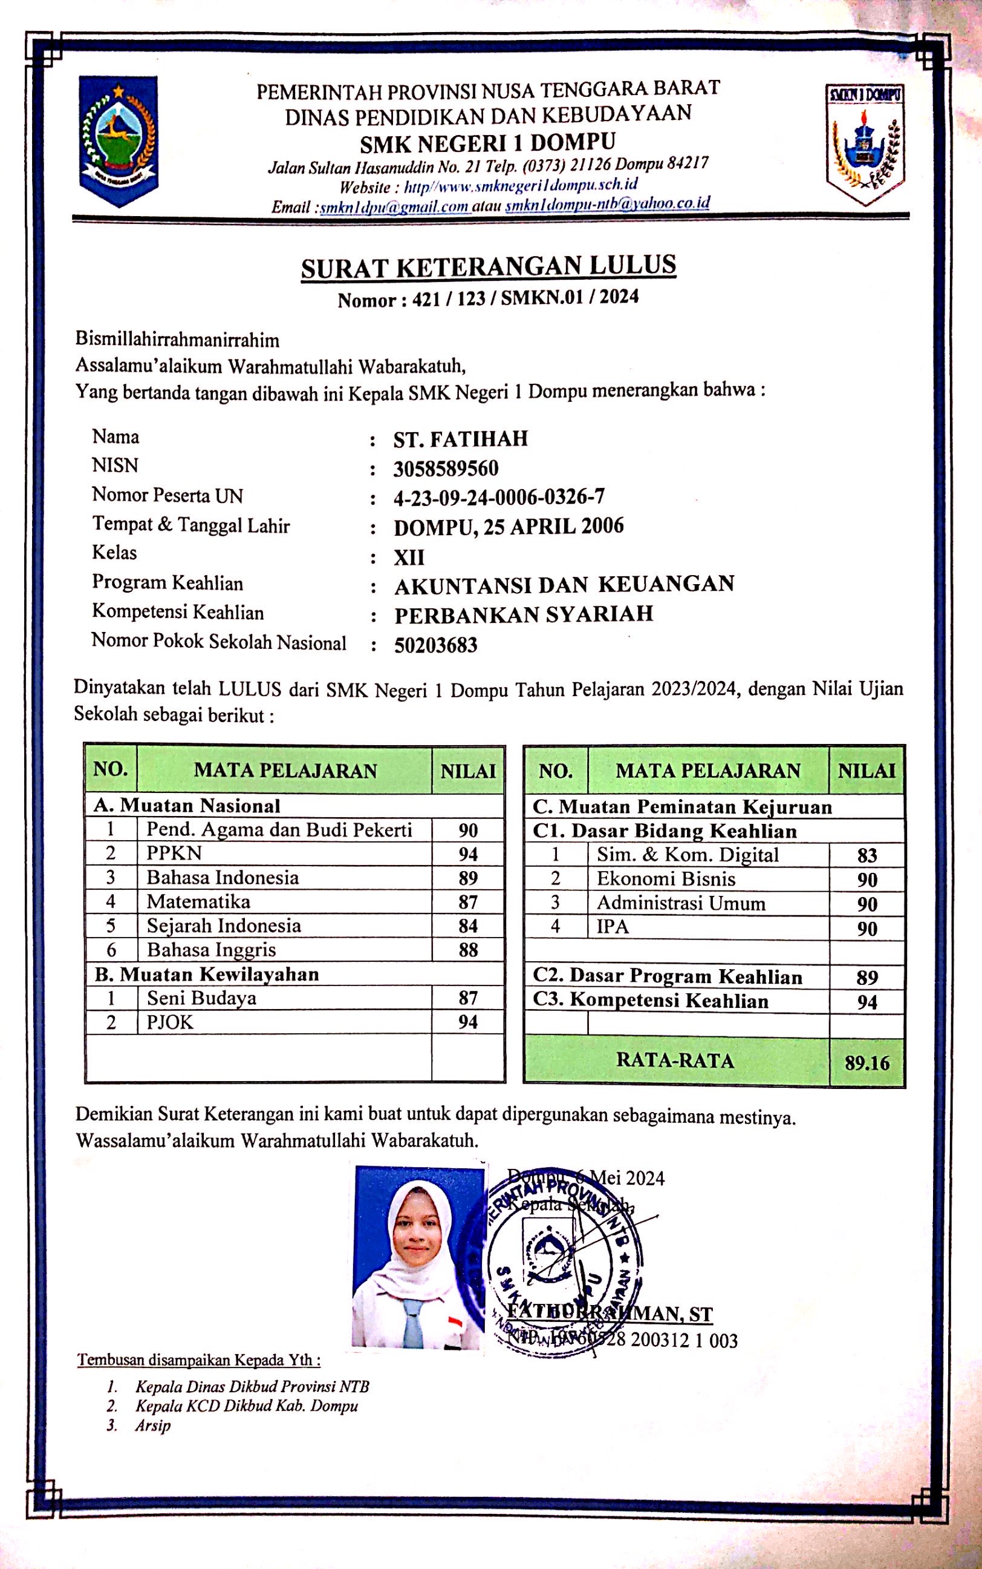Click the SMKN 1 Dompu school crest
(865, 143)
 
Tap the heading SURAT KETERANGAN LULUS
(489, 267)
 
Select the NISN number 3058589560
(446, 469)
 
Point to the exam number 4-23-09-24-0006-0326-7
(499, 498)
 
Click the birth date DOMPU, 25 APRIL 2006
(509, 527)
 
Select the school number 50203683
(436, 645)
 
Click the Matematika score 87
(467, 902)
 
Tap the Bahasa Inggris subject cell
(212, 950)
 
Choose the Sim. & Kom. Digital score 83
(867, 855)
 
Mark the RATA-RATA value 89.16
(867, 1064)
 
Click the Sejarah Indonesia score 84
(467, 926)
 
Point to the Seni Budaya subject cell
(201, 998)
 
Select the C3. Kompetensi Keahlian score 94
(867, 1002)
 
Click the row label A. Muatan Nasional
(187, 806)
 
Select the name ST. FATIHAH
(461, 439)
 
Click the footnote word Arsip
(152, 1426)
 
